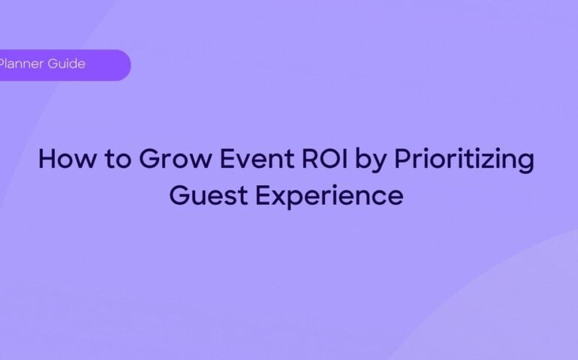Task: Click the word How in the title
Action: tap(63, 160)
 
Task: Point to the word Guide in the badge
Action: tap(67, 64)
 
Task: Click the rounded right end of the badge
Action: tap(123, 65)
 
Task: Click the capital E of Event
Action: tap(196, 160)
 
